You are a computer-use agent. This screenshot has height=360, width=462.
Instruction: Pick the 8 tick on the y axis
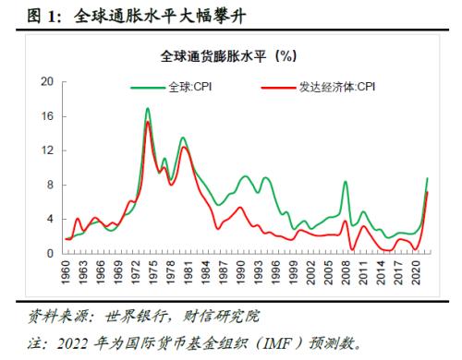coord(49,185)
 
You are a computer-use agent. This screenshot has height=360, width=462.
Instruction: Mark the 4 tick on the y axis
coord(49,219)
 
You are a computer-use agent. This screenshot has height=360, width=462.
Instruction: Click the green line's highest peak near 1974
coord(148,109)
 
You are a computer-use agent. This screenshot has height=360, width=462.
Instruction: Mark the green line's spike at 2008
coord(346,182)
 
